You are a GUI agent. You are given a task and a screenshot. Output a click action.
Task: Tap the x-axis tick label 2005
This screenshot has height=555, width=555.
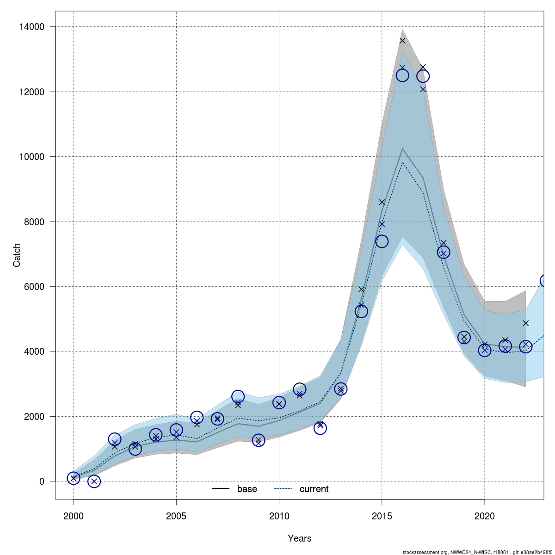pyautogui.click(x=176, y=516)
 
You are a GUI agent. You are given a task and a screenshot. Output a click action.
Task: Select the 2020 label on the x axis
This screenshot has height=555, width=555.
pyautogui.click(x=484, y=516)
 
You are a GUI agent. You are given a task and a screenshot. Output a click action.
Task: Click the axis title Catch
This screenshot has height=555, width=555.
pyautogui.click(x=17, y=255)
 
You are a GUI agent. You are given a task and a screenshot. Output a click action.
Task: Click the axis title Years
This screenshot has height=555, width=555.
pyautogui.click(x=299, y=538)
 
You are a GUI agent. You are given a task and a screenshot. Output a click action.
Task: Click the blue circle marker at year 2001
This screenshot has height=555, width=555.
pyautogui.click(x=94, y=481)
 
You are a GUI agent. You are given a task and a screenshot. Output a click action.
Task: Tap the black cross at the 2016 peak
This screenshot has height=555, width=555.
pyautogui.click(x=402, y=41)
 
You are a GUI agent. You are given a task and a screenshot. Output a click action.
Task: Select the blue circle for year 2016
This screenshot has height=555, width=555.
pyautogui.click(x=402, y=75)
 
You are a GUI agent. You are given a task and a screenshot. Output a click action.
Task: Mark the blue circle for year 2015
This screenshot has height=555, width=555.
pyautogui.click(x=382, y=241)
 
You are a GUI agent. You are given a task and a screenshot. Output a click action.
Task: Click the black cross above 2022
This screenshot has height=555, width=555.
pyautogui.click(x=525, y=323)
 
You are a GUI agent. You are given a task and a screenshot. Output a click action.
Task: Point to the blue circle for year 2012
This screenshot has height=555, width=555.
pyautogui.click(x=320, y=428)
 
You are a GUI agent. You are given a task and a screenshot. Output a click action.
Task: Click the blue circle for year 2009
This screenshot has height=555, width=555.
pyautogui.click(x=259, y=440)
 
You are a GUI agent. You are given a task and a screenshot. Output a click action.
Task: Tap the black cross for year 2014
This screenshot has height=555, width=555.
pyautogui.click(x=361, y=290)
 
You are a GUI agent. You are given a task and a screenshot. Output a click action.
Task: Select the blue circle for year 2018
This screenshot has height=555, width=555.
pyautogui.click(x=444, y=252)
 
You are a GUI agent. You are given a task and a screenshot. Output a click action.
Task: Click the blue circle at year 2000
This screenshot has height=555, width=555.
pyautogui.click(x=74, y=478)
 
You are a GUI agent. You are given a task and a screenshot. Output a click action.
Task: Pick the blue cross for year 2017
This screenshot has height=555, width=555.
pyautogui.click(x=423, y=89)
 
